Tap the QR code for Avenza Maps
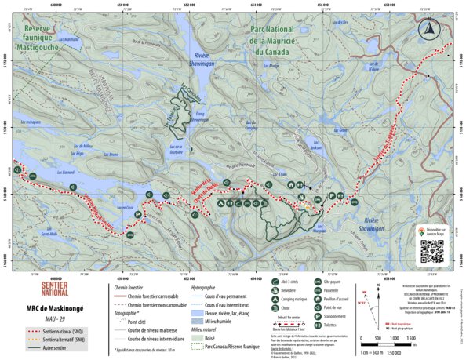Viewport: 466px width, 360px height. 430,250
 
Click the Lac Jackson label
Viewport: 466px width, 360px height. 316,147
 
